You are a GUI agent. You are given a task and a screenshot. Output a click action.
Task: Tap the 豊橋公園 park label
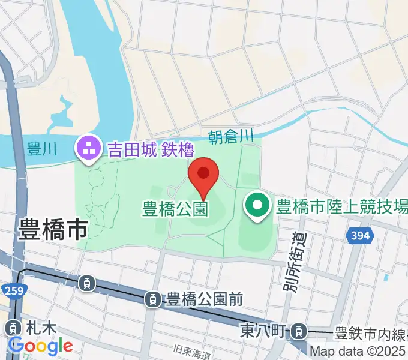click(175, 209)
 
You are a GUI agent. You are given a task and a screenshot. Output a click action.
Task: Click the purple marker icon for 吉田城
click(88, 148)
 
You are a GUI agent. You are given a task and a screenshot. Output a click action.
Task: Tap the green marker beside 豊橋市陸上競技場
click(257, 207)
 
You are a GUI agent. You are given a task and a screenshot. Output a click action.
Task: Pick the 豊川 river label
click(42, 149)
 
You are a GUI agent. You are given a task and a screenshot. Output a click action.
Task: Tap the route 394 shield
click(359, 236)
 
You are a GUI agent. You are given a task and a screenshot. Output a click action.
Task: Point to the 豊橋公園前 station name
click(204, 298)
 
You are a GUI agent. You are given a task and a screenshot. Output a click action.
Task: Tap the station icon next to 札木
click(12, 328)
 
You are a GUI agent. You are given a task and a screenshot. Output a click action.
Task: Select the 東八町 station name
click(264, 330)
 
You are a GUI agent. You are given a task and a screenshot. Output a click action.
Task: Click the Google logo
click(40, 346)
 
